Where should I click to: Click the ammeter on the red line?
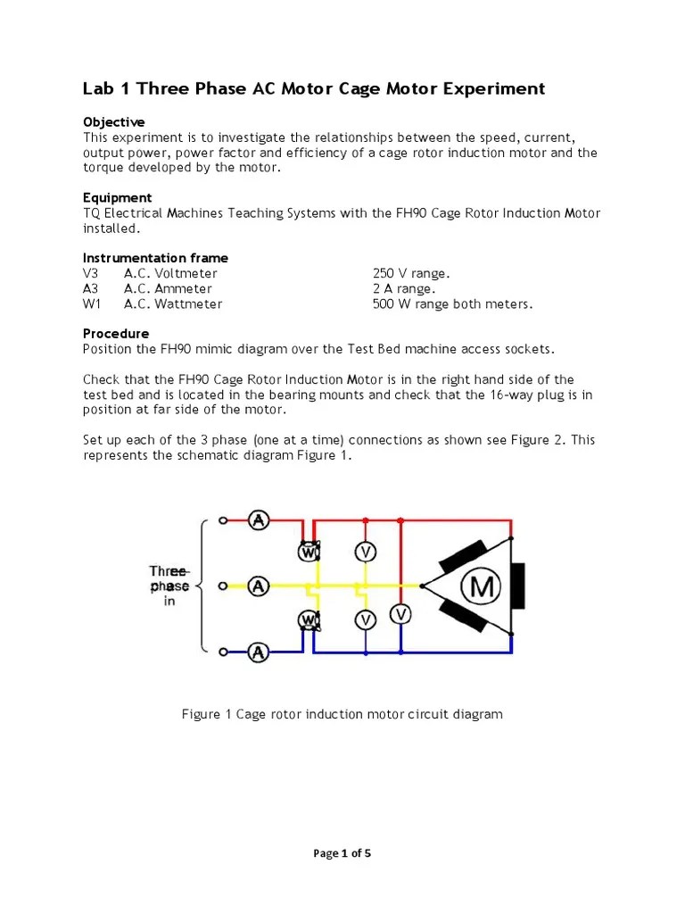(259, 519)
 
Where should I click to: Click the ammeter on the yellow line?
(259, 586)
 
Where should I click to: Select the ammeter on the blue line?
(259, 652)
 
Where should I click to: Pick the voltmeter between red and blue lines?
(401, 613)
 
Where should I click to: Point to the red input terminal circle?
(224, 519)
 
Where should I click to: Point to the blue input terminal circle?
(224, 652)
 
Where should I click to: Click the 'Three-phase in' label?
(169, 586)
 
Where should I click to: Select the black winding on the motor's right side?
(518, 586)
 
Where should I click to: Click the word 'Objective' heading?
(114, 122)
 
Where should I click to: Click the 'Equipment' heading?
(118, 197)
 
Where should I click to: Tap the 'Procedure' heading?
(116, 334)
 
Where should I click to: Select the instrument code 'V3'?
(92, 273)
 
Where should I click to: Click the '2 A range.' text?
(404, 288)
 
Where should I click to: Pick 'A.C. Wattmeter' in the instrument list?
(173, 303)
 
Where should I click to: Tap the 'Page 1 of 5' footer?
(342, 853)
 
